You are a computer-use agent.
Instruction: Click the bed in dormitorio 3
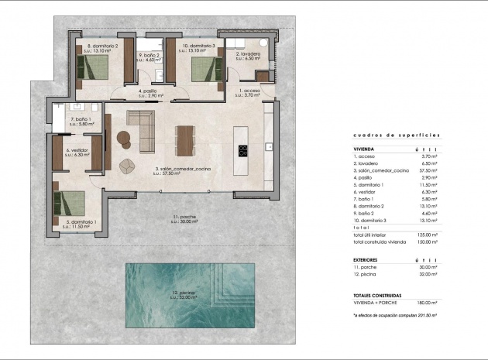pos(200,68)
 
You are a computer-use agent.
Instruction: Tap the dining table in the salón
pos(185,141)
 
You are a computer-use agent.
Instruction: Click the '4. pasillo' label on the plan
pos(147,91)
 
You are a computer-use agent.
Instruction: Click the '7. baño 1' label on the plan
pos(80,119)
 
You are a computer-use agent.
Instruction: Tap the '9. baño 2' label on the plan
pos(149,55)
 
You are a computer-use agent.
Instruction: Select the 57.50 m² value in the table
pos(428,170)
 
